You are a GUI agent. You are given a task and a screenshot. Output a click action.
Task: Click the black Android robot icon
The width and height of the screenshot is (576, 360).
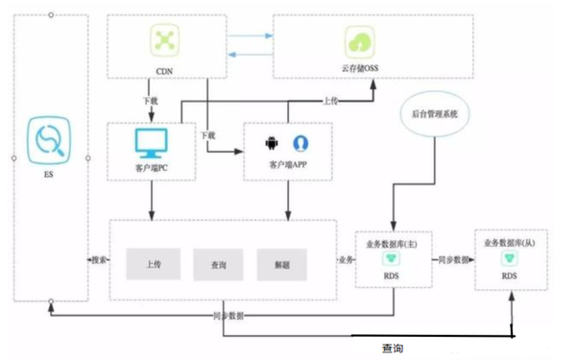[x=272, y=143]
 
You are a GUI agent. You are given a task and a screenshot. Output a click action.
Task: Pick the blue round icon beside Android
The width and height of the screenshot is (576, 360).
[x=300, y=143]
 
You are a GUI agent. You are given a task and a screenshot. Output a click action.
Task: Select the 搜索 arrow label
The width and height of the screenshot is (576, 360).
[x=98, y=260]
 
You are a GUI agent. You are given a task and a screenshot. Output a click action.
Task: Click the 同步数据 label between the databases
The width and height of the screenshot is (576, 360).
[x=451, y=260]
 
